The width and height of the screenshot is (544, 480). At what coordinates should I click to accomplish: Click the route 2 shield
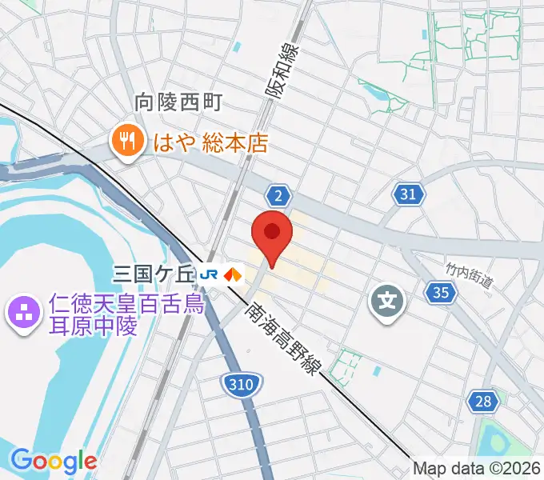pos(278,195)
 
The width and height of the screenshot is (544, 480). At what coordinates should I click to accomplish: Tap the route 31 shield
pos(408,193)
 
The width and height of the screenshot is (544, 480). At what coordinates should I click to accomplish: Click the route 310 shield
pos(239,385)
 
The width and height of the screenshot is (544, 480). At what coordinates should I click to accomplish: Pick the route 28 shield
pos(482,402)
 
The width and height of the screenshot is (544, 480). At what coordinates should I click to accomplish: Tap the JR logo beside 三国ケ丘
pos(210,275)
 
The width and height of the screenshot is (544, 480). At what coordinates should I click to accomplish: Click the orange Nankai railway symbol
pos(233,274)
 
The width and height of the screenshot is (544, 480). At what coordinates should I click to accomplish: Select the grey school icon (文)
pos(386,302)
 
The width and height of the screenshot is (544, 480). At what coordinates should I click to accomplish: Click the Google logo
pos(53,462)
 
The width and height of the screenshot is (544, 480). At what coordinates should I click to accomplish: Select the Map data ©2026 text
pos(477,470)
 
